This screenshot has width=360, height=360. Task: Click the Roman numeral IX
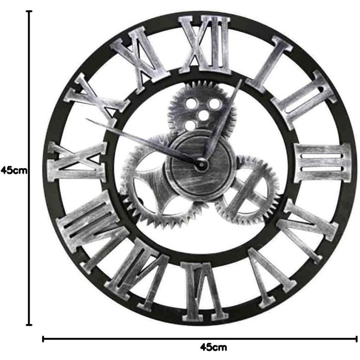[77, 162]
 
